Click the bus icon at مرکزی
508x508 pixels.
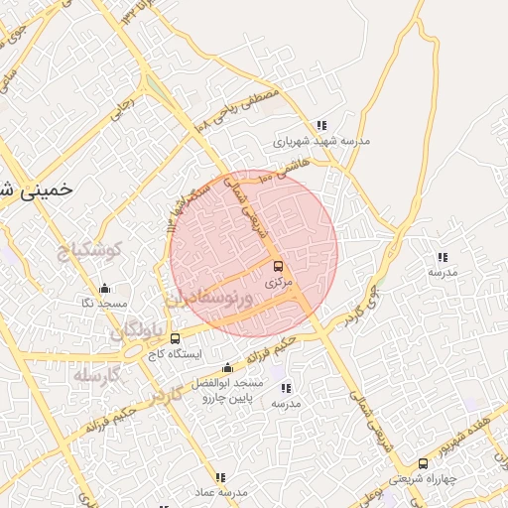(x=278, y=266)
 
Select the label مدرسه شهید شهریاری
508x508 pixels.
(x=321, y=141)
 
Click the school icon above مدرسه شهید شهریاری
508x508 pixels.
(x=321, y=125)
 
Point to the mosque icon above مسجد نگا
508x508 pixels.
(x=104, y=289)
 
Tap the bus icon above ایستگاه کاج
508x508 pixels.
(x=176, y=338)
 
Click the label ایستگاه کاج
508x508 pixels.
(x=176, y=353)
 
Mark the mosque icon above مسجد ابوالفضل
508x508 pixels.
(x=227, y=367)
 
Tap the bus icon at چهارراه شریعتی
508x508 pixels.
(x=423, y=463)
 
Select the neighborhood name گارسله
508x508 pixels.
(x=96, y=375)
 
